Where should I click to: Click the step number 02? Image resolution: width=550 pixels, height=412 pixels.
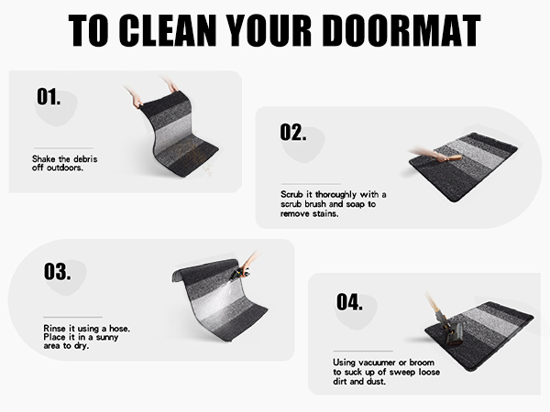tap(292, 133)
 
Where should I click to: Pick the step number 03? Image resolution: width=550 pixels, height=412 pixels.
tap(57, 272)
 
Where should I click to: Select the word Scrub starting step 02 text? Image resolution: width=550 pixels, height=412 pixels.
tap(294, 195)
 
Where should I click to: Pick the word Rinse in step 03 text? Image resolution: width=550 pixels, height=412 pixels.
tap(56, 327)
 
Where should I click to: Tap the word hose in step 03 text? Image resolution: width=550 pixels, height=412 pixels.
tap(124, 327)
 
